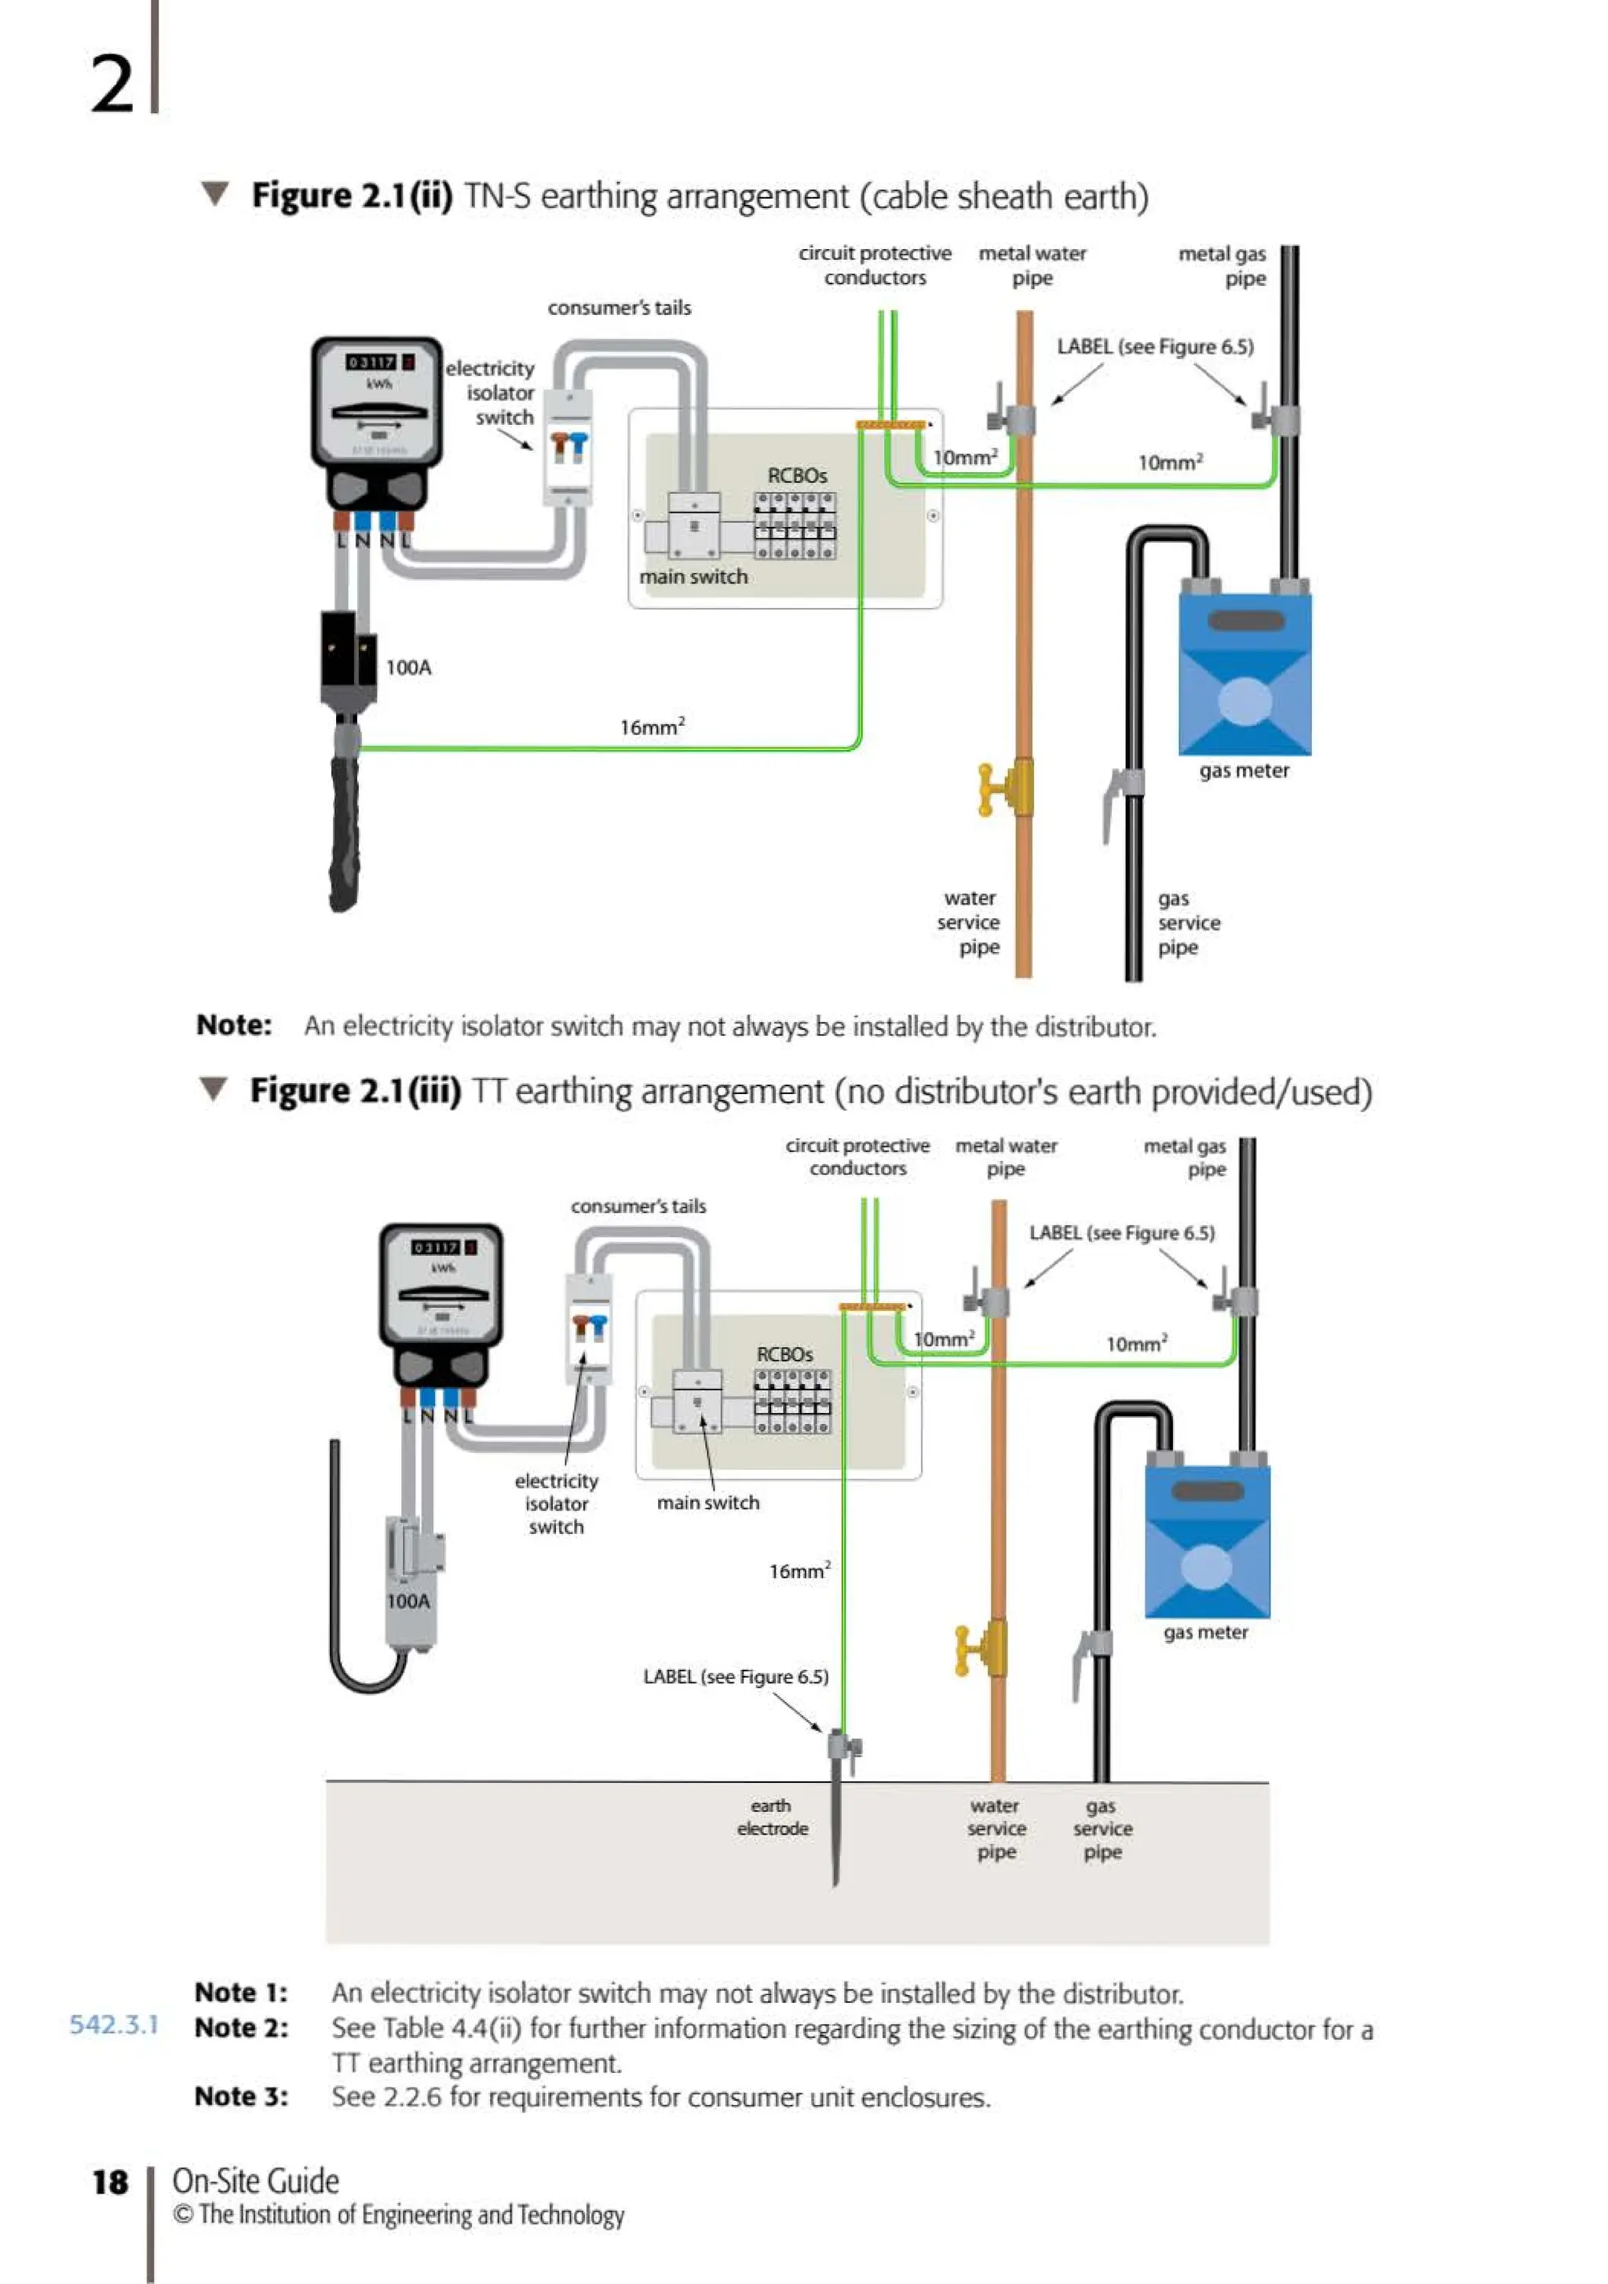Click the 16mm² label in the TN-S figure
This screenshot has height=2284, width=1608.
[652, 727]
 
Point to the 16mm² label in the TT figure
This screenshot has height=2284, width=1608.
[799, 1571]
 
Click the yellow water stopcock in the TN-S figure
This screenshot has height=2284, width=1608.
[1007, 789]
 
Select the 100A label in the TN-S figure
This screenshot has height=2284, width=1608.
[409, 668]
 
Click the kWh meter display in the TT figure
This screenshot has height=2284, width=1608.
[444, 1247]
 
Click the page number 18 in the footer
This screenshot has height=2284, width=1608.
[111, 2183]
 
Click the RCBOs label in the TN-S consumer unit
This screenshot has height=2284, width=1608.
[797, 475]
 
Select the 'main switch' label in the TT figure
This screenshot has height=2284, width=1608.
[707, 1502]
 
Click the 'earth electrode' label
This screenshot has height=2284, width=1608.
[772, 1817]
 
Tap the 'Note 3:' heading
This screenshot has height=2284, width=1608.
[242, 2096]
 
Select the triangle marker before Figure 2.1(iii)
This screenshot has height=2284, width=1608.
[213, 1089]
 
